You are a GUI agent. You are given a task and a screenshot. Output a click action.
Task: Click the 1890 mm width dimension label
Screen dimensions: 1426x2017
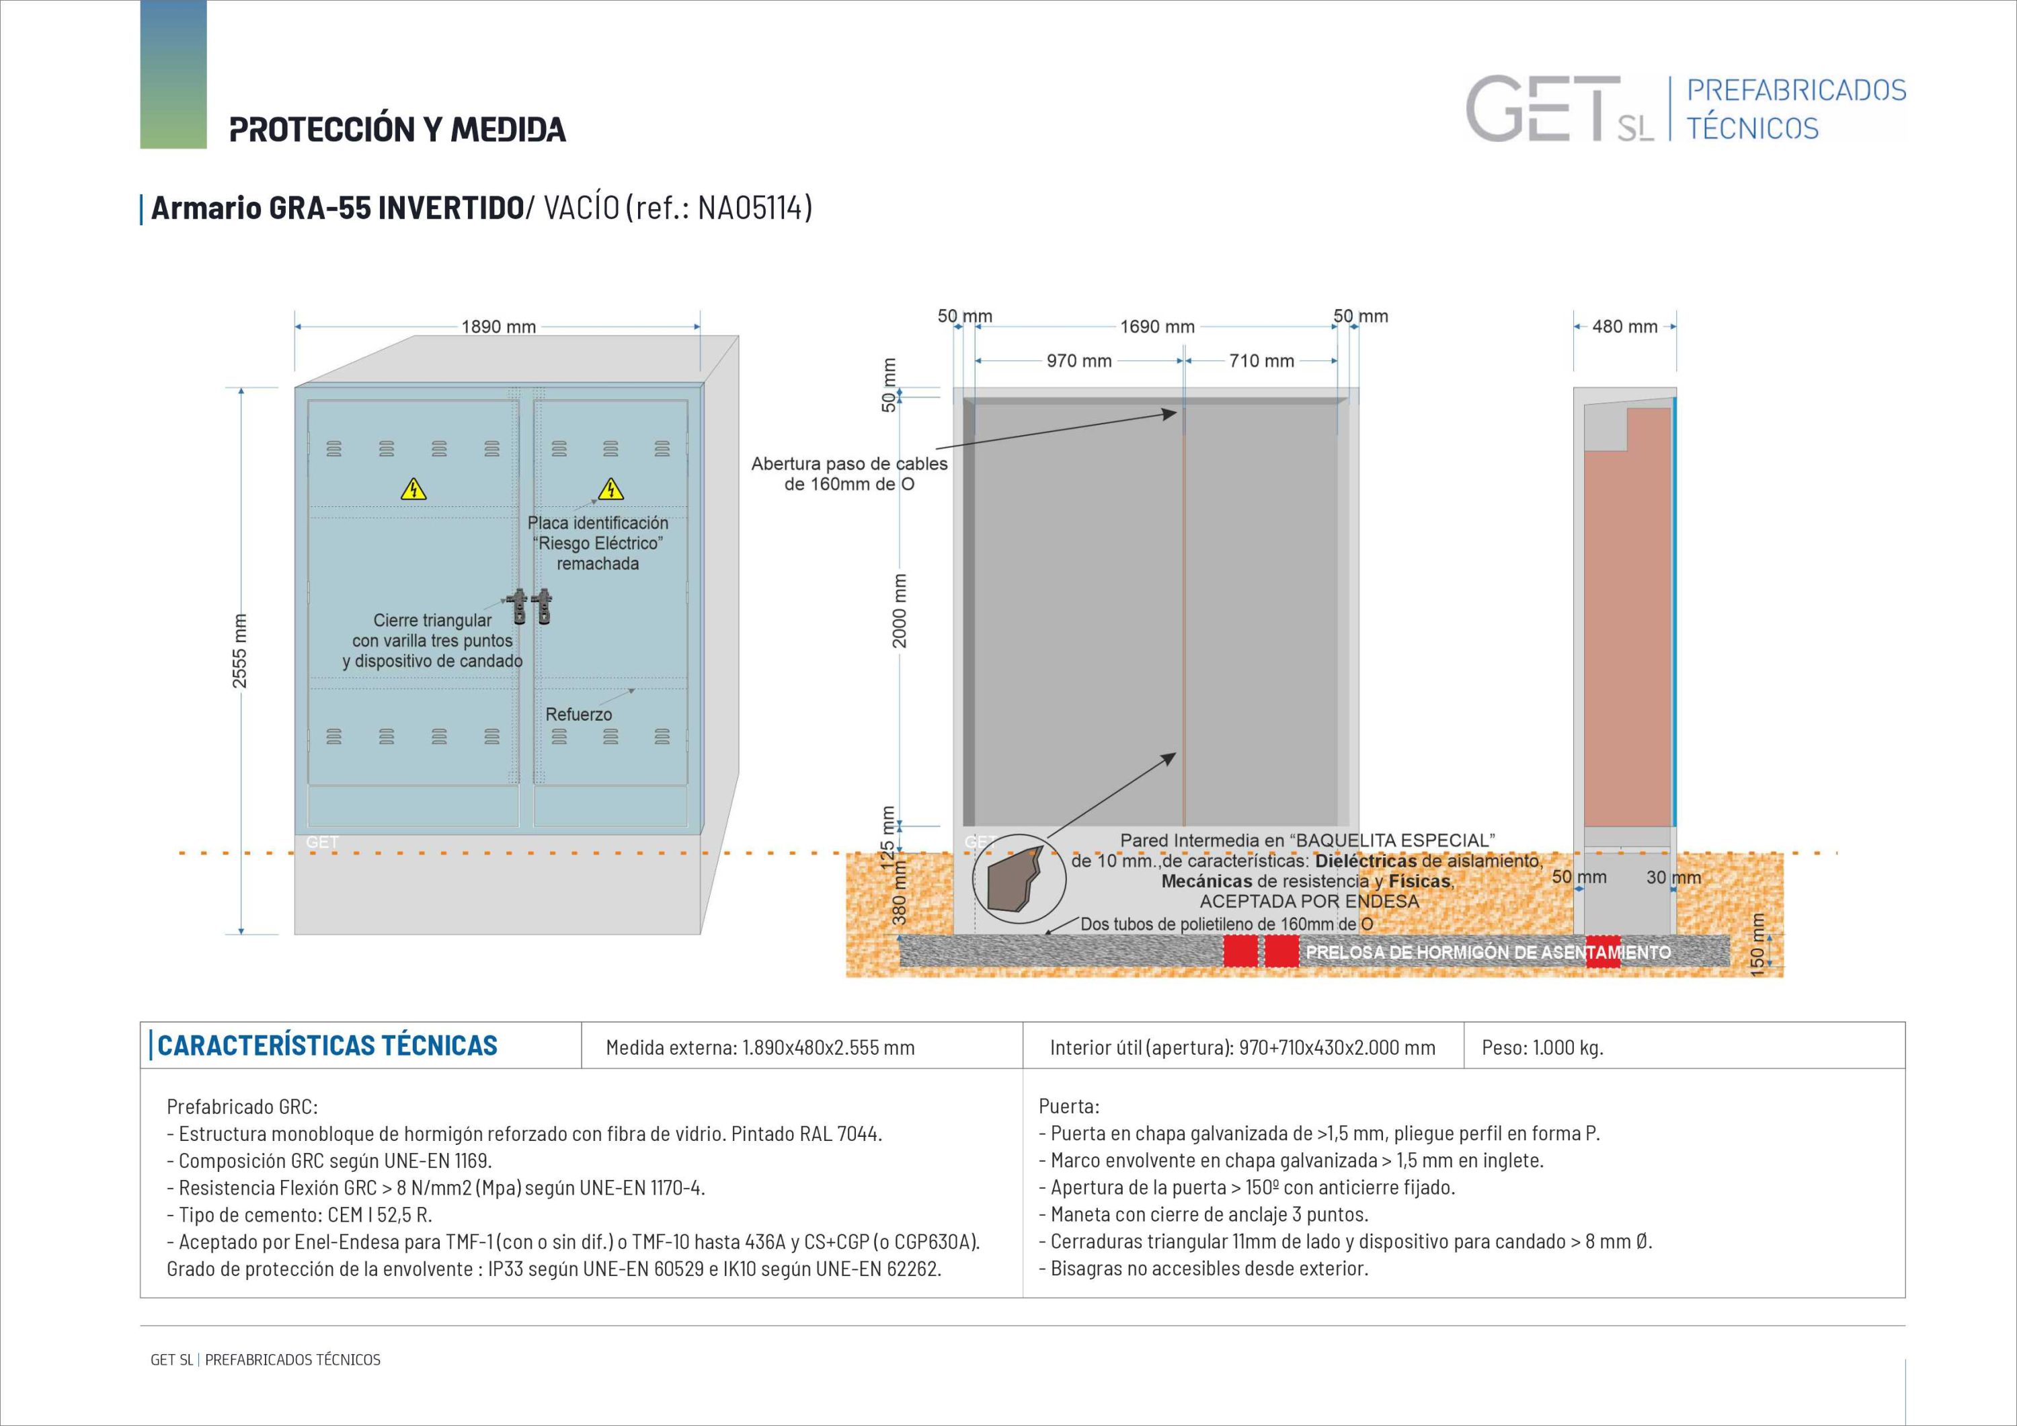(x=498, y=327)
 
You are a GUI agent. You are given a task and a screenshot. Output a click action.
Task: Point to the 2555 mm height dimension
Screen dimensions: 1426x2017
(x=240, y=650)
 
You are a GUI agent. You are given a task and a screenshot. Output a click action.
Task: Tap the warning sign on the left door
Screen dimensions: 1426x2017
(x=413, y=489)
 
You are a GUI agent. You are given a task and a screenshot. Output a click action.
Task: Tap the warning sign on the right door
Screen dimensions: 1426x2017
(x=610, y=489)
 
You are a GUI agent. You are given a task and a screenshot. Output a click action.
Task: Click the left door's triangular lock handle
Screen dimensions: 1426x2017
(x=521, y=606)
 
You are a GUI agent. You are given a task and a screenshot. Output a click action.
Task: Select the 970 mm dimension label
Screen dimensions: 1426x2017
(x=1079, y=361)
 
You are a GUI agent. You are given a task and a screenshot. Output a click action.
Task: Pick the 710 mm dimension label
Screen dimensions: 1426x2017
(x=1261, y=361)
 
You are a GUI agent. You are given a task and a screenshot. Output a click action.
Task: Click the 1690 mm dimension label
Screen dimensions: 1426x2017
(x=1157, y=327)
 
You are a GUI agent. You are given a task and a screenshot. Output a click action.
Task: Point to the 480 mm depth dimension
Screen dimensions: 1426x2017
(x=1624, y=327)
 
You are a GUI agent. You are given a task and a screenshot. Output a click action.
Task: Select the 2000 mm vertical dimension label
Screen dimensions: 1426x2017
(x=899, y=610)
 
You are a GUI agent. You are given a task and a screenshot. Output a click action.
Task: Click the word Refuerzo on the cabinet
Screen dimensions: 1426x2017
(x=578, y=714)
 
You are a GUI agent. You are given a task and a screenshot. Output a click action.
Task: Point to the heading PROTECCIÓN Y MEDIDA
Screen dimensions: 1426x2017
(x=397, y=129)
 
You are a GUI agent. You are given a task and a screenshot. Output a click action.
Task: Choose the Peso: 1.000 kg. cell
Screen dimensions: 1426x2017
(x=1542, y=1047)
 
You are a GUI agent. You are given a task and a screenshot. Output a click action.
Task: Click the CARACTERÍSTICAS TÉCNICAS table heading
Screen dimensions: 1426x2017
(x=327, y=1045)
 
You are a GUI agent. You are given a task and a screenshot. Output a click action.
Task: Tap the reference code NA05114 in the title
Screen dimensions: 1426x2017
(x=751, y=208)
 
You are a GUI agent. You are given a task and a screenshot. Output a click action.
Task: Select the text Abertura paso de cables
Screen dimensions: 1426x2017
(x=848, y=464)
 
